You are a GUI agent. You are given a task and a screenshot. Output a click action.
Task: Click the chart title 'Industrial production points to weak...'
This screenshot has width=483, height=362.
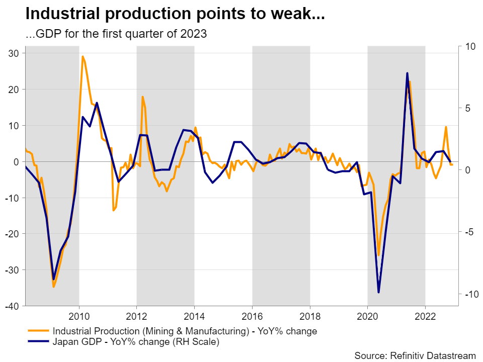click(175, 14)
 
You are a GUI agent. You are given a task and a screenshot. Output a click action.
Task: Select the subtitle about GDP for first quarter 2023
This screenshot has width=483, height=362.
click(116, 34)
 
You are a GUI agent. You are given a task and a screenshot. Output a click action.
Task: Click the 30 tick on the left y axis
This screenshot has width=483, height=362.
click(14, 53)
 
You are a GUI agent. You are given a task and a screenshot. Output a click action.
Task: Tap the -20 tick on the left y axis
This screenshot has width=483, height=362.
click(12, 234)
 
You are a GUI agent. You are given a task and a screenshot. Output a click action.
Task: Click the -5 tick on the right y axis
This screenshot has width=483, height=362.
click(469, 232)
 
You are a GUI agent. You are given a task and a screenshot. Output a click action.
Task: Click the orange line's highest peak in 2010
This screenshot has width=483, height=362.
click(83, 56)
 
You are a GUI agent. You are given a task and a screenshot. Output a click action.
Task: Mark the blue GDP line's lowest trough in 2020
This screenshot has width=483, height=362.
click(378, 292)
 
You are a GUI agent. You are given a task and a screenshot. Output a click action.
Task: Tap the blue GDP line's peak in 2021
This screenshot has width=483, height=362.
click(407, 73)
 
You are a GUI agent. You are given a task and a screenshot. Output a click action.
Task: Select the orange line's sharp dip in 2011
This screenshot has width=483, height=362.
click(113, 210)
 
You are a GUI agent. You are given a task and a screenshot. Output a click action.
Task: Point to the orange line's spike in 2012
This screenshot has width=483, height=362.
click(142, 97)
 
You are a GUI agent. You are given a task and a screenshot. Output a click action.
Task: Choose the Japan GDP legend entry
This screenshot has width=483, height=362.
click(136, 342)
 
